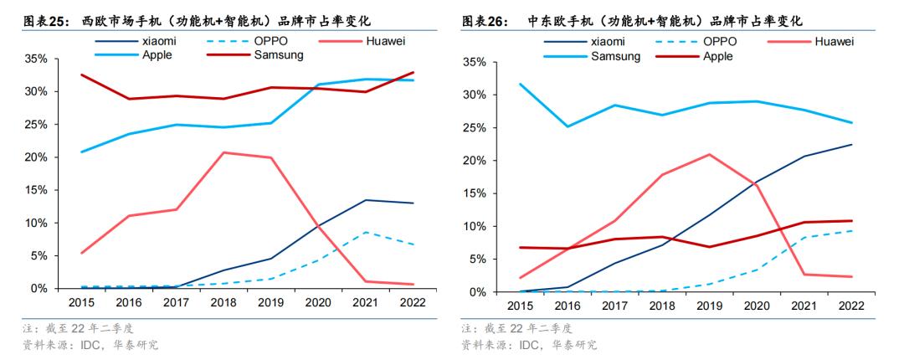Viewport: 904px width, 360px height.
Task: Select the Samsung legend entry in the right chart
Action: (615, 56)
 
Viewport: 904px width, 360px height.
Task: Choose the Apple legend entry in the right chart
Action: (717, 56)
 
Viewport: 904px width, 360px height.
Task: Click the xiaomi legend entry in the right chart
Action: (609, 41)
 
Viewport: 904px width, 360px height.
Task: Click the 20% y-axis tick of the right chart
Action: (474, 161)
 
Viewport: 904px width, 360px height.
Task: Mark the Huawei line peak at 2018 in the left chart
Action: (223, 152)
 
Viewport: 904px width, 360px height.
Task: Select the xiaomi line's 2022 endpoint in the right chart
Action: (852, 145)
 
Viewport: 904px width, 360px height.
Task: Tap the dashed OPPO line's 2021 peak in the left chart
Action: (366, 232)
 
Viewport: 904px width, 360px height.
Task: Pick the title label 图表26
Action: (483, 21)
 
